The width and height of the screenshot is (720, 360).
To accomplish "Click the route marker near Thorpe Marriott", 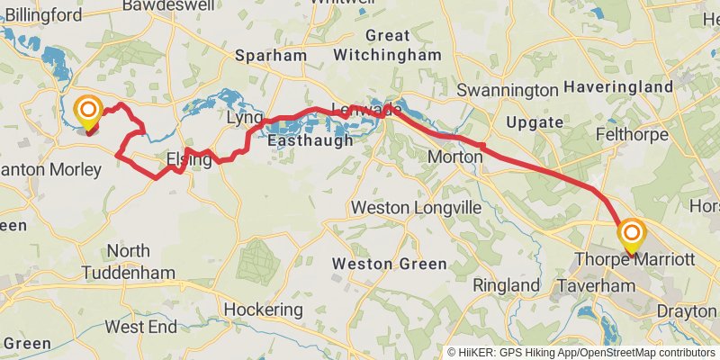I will coord(631,236).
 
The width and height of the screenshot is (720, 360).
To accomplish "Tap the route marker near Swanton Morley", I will coord(88,112).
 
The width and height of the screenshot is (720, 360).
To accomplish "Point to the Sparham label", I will coord(271,56).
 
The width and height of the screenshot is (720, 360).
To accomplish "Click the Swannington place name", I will coord(508,91).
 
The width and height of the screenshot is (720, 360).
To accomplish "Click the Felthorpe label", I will coord(632,135).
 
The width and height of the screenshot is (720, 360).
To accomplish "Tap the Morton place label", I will coord(454,158).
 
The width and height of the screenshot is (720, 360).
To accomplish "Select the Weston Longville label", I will coord(417,208).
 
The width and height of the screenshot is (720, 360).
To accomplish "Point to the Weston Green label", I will coord(390,264).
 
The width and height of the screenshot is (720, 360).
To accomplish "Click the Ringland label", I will coord(507,285).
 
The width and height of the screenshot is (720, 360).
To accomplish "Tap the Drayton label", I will coord(688,311).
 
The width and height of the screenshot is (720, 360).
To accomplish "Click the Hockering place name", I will coord(263,310).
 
